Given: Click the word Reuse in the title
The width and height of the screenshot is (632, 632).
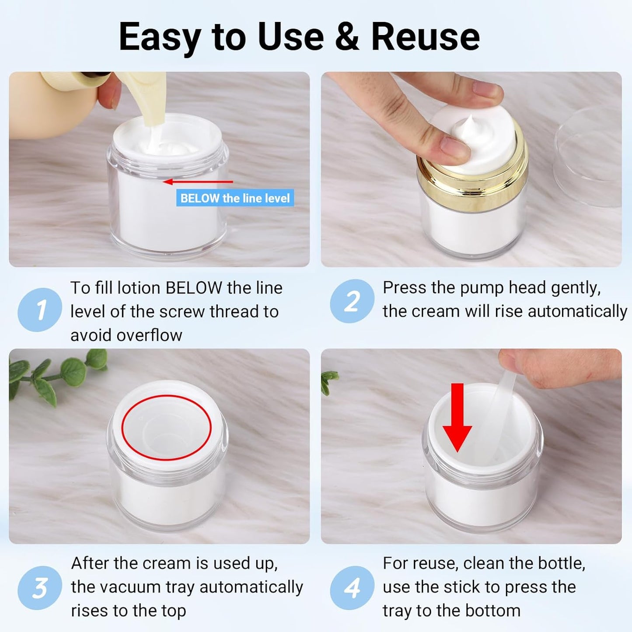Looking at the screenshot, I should pyautogui.click(x=425, y=37).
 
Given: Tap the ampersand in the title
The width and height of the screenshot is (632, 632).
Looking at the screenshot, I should pyautogui.click(x=347, y=37).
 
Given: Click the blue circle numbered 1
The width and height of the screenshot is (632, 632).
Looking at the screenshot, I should pyautogui.click(x=40, y=310).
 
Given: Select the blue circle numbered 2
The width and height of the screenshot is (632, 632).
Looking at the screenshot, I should pyautogui.click(x=352, y=301).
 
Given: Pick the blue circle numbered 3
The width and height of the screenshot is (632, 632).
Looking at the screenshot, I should pyautogui.click(x=40, y=588).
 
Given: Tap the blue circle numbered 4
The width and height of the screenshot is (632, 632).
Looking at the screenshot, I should pyautogui.click(x=352, y=588).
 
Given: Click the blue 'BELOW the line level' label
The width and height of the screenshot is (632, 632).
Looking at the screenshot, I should pyautogui.click(x=235, y=198).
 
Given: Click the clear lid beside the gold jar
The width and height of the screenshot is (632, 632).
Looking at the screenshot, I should pyautogui.click(x=590, y=155).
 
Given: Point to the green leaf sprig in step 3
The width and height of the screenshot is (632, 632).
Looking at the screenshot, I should pyautogui.click(x=57, y=374).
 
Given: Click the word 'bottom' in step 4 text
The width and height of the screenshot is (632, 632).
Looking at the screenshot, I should pyautogui.click(x=494, y=611).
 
